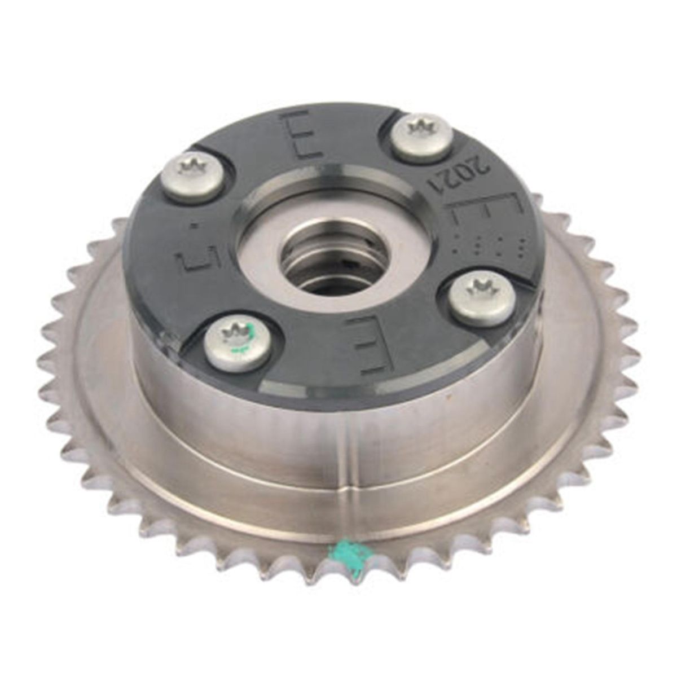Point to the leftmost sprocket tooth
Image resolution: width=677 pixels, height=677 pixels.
[x=44, y=361]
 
